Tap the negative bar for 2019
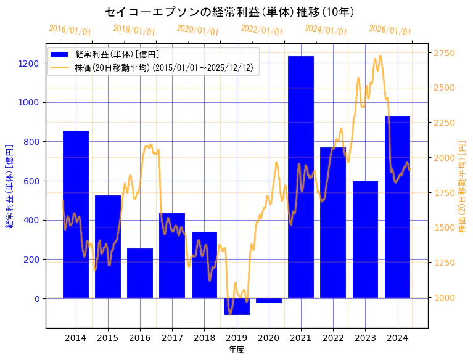pyautogui.click(x=237, y=307)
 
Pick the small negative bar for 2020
pyautogui.click(x=269, y=301)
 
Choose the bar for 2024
pyautogui.click(x=397, y=207)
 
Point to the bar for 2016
pyautogui.click(x=140, y=274)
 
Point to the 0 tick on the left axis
pyautogui.click(x=36, y=299)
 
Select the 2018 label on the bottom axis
pyautogui.click(x=204, y=338)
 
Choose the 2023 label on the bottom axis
pyautogui.click(x=365, y=338)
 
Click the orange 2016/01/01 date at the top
pyautogui.click(x=70, y=30)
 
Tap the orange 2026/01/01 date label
pyautogui.click(x=390, y=30)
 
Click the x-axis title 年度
pyautogui.click(x=237, y=350)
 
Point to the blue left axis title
pyautogui.click(x=9, y=186)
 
